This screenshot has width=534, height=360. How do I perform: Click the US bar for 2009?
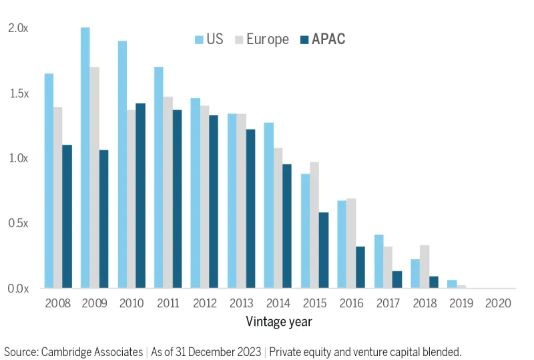[85, 158]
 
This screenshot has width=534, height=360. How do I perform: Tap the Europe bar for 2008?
[58, 198]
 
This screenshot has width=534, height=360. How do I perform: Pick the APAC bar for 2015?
[324, 250]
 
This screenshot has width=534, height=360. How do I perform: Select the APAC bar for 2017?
[397, 280]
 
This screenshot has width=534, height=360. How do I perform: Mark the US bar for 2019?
[452, 285]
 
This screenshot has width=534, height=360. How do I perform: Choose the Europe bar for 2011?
[168, 192]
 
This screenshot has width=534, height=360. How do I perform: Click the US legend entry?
[208, 39]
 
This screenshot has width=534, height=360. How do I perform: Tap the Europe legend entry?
[261, 39]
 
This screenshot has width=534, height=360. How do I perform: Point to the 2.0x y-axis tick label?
[18, 28]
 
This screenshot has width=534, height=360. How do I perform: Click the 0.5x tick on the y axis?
[18, 224]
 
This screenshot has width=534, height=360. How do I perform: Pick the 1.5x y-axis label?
[18, 94]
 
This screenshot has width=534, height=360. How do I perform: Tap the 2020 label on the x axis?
[498, 303]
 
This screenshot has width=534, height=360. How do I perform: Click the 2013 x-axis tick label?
[242, 303]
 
